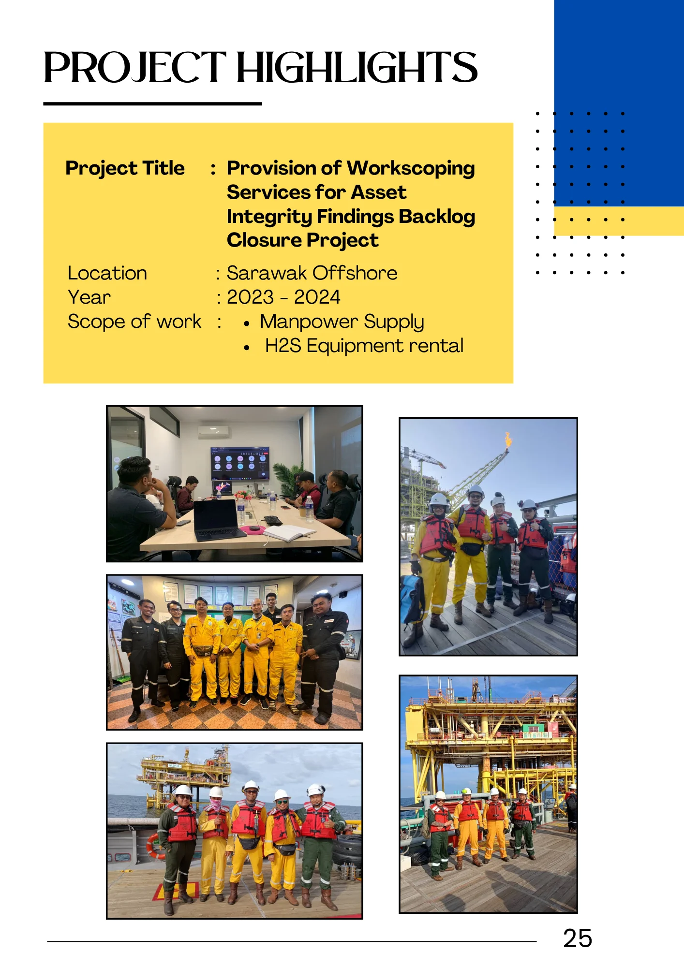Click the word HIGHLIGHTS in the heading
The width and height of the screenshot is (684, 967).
click(357, 67)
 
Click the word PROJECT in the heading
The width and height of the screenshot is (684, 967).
click(134, 68)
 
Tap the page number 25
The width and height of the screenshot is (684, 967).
click(578, 938)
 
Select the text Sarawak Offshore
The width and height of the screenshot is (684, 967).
click(312, 273)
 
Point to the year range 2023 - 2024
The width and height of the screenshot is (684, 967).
click(283, 297)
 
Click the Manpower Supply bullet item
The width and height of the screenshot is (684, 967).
click(342, 322)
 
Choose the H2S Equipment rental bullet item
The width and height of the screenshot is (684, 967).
click(364, 346)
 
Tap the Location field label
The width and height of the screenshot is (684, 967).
click(107, 273)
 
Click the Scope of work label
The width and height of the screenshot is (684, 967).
click(134, 322)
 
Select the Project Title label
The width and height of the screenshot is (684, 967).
click(125, 168)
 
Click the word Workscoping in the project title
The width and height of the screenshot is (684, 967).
click(411, 168)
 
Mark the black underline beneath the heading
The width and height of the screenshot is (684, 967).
click(153, 103)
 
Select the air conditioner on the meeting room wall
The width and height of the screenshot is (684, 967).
click(213, 432)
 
